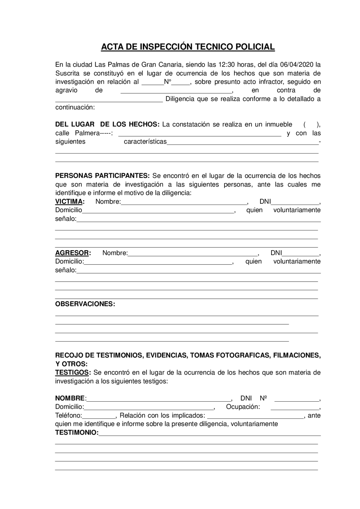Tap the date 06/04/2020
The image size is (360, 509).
(x=297, y=65)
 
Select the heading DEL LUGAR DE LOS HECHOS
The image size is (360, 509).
(x=107, y=125)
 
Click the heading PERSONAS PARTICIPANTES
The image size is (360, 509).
(x=102, y=176)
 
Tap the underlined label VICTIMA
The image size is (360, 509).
(x=69, y=202)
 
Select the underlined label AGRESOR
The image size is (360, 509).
(x=72, y=253)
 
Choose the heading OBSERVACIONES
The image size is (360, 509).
(x=85, y=304)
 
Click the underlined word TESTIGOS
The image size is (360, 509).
(x=72, y=373)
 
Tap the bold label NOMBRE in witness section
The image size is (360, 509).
(x=70, y=398)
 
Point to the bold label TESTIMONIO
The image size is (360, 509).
(x=76, y=433)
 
